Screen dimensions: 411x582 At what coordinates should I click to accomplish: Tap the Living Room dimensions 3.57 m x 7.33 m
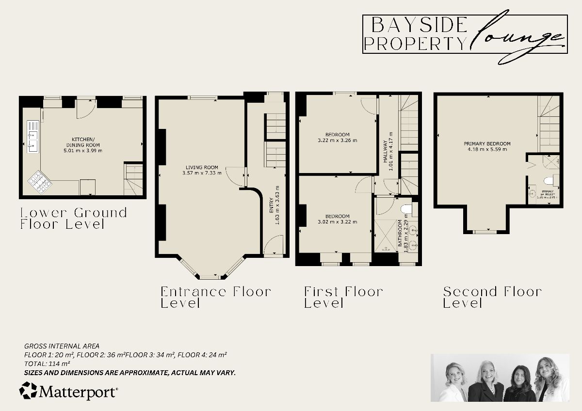pyautogui.click(x=202, y=173)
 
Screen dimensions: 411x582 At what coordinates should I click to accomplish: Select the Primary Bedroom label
pyautogui.click(x=487, y=143)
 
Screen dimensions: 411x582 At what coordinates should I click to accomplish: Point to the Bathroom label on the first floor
pyautogui.click(x=401, y=235)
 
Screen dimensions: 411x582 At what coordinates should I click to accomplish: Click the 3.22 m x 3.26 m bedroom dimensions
pyautogui.click(x=337, y=141)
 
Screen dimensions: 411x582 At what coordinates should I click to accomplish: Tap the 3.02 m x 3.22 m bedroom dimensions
pyautogui.click(x=337, y=222)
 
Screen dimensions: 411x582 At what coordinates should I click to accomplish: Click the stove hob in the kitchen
pyautogui.click(x=39, y=181)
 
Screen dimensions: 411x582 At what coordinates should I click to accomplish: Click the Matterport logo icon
pyautogui.click(x=28, y=390)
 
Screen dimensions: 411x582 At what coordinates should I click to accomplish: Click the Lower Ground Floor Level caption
pyautogui.click(x=73, y=218)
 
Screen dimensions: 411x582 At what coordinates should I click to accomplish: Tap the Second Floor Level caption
pyautogui.click(x=492, y=297)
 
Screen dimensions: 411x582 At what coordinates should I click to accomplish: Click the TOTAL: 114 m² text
pyautogui.click(x=47, y=363)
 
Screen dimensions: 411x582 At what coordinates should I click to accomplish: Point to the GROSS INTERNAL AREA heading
pyautogui.click(x=62, y=346)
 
